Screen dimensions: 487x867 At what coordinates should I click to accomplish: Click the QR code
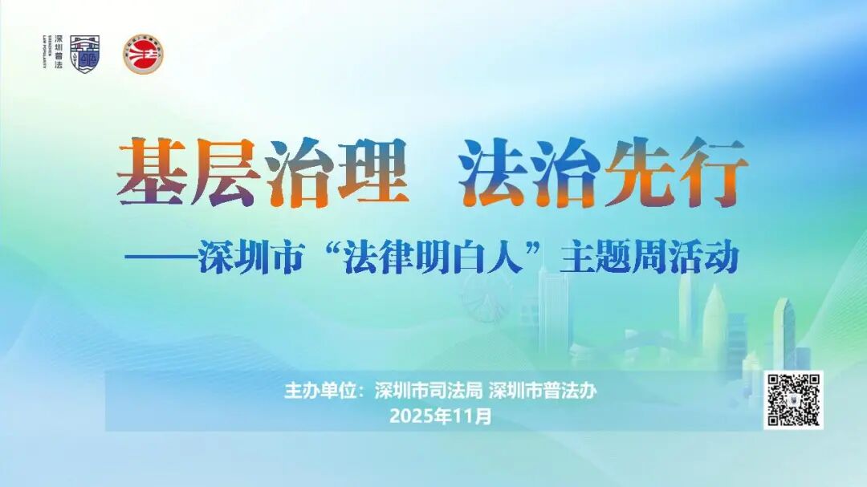pos(792,400)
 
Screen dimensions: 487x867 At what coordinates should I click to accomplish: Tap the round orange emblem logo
pos(144,55)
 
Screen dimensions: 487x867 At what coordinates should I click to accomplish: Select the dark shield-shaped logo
pos(85,54)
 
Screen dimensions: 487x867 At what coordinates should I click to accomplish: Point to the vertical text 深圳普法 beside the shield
pos(58,54)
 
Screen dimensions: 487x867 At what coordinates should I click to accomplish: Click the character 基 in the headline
pos(152,172)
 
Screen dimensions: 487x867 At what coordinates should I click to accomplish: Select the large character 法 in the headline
pos(492,172)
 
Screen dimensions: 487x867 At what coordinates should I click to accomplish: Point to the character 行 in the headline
pos(710,172)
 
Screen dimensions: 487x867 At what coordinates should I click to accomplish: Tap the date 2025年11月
pos(439,416)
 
